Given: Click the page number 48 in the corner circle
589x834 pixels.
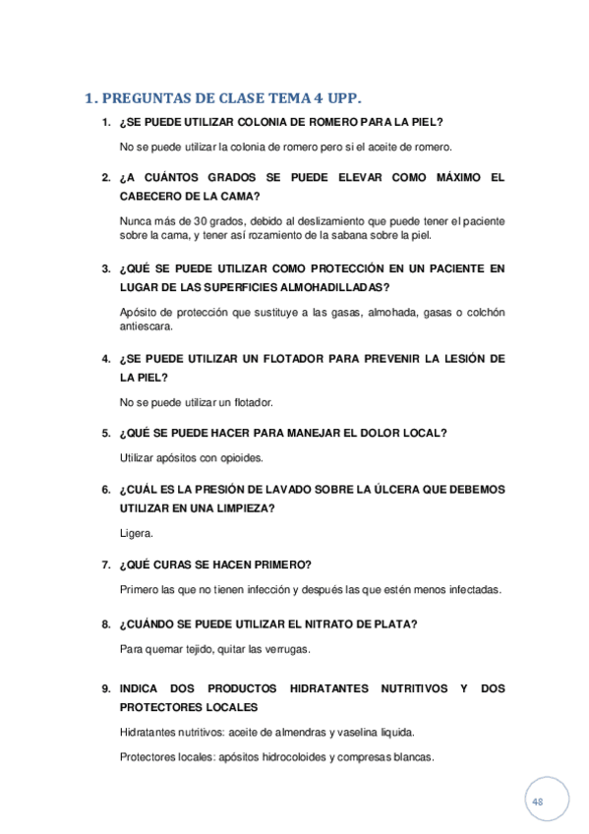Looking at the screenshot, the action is (538, 803).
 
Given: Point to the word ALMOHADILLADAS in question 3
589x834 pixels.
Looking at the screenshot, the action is (331, 287).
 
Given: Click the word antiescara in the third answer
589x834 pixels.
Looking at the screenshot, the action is (145, 327).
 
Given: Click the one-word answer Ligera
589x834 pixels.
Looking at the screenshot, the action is (136, 533).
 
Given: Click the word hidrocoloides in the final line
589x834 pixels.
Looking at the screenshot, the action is (294, 757).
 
